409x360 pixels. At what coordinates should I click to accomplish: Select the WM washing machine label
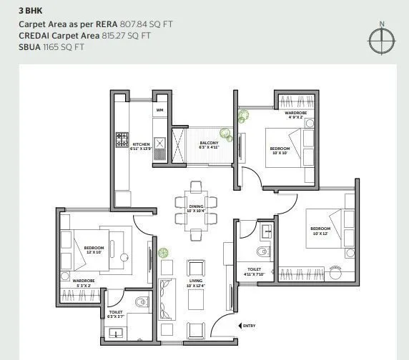click(x=159, y=111)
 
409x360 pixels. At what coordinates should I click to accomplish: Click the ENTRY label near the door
click(x=249, y=326)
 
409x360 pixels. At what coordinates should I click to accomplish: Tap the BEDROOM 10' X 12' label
click(x=320, y=231)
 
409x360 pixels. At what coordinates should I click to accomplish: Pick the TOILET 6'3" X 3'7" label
click(x=117, y=315)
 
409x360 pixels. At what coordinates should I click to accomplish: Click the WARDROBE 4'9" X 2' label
click(x=295, y=116)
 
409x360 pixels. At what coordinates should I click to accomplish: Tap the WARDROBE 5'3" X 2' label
click(x=83, y=283)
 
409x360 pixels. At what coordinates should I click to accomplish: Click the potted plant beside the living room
click(x=164, y=252)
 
